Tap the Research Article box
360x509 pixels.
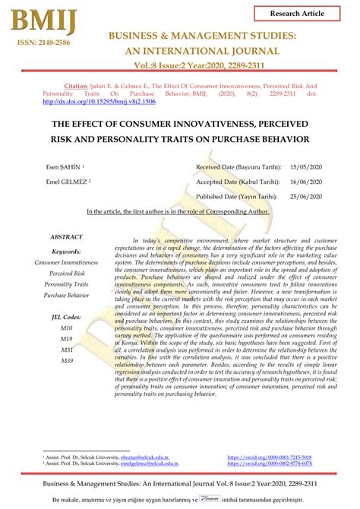click(x=306, y=14)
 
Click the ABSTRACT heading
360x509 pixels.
click(x=67, y=237)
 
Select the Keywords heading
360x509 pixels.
click(x=67, y=251)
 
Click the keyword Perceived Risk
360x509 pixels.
click(x=67, y=272)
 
